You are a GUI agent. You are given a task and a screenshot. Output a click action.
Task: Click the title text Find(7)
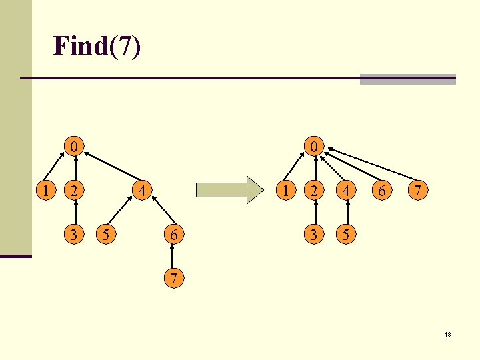click(x=97, y=46)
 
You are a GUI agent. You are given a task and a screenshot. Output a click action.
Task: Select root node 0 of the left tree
click(x=75, y=145)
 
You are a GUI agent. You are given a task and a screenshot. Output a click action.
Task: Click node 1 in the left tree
click(x=45, y=190)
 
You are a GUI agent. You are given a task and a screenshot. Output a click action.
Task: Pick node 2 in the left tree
click(x=75, y=190)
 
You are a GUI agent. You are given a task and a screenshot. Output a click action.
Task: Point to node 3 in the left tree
click(x=75, y=235)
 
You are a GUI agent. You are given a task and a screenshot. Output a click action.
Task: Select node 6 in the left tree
click(x=173, y=235)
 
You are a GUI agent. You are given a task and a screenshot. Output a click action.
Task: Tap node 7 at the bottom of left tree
click(x=173, y=278)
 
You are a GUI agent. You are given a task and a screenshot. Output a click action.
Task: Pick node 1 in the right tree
click(x=285, y=190)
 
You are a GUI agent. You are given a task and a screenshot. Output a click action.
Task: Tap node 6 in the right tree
click(x=381, y=190)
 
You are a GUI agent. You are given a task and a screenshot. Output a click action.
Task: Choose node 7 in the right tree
click(x=417, y=190)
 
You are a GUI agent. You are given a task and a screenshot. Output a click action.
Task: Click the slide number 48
click(x=447, y=334)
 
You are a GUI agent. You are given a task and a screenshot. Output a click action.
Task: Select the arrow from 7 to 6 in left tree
click(x=173, y=257)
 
